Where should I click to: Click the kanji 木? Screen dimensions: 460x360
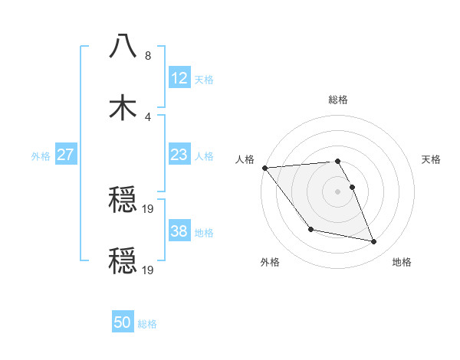click(x=123, y=107)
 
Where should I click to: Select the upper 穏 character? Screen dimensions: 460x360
click(x=123, y=199)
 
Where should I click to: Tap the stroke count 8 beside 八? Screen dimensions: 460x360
click(x=148, y=56)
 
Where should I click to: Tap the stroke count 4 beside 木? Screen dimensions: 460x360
click(x=148, y=117)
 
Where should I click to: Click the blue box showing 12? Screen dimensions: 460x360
click(x=179, y=78)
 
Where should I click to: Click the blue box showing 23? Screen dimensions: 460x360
click(x=179, y=155)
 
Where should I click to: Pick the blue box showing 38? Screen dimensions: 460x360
click(x=179, y=231)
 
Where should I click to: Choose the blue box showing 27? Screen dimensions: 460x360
click(x=65, y=155)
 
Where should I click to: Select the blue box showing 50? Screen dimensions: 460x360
click(x=123, y=322)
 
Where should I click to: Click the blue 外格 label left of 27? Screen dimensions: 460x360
click(x=41, y=156)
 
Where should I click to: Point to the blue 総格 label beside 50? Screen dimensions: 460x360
click(x=147, y=324)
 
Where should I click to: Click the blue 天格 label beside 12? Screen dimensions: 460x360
click(x=204, y=80)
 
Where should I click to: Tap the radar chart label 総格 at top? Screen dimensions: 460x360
click(x=338, y=100)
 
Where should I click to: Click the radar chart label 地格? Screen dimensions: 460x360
click(x=402, y=262)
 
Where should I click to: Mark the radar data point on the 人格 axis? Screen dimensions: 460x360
click(x=264, y=168)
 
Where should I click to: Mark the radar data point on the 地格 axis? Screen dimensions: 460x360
click(x=374, y=242)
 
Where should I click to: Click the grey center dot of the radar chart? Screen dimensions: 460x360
click(x=338, y=191)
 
